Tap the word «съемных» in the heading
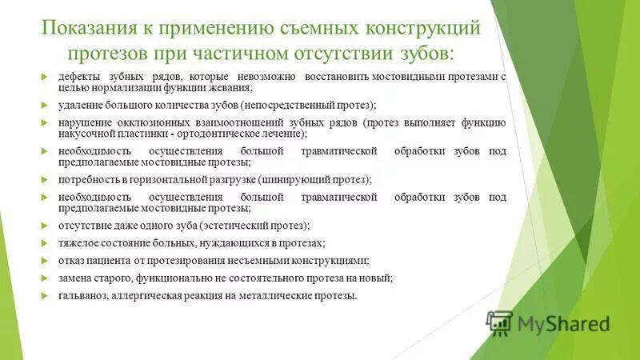click(x=320, y=28)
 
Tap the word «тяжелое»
click(x=78, y=242)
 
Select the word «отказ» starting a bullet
click(x=71, y=260)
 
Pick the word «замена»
click(x=76, y=278)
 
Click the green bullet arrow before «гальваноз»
click(x=45, y=295)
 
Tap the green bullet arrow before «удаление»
click(x=45, y=105)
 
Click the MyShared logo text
click(x=562, y=323)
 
